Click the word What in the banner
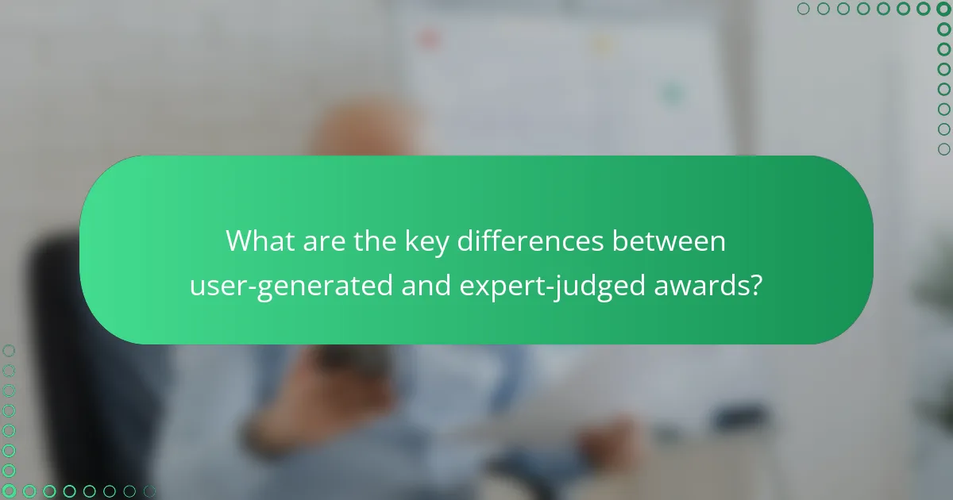tap(259, 240)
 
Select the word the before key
tap(369, 240)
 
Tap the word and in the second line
tap(427, 284)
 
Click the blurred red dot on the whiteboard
tap(429, 37)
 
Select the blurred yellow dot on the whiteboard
tap(604, 44)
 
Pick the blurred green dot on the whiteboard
tap(673, 94)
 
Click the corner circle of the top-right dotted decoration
tap(943, 9)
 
